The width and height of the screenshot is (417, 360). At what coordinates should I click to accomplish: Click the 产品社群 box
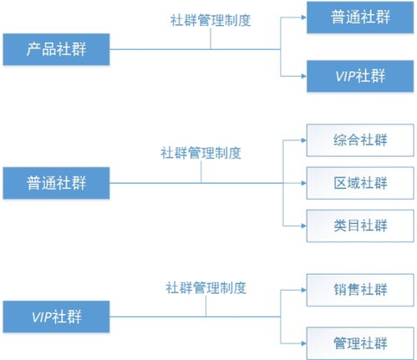pos(56,49)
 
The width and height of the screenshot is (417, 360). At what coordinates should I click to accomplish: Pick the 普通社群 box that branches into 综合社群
pos(56,180)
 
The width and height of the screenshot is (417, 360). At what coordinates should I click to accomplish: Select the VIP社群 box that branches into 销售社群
pos(56,317)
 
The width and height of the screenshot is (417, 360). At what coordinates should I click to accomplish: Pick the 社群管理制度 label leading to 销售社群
pos(206,288)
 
